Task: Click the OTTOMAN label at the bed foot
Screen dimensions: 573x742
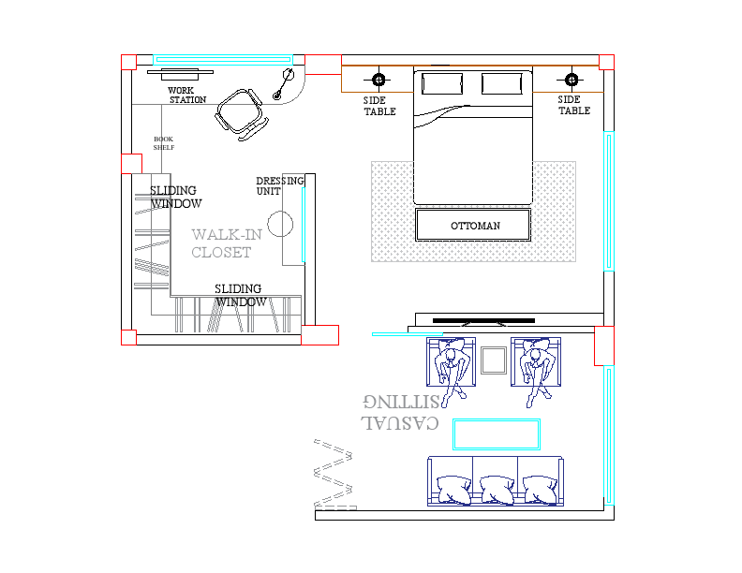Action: [x=475, y=226]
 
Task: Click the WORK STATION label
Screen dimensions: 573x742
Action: [x=186, y=95]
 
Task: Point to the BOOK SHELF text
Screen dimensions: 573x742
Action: [x=164, y=143]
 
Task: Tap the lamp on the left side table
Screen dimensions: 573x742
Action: [x=378, y=79]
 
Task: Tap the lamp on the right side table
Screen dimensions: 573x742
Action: [x=572, y=79]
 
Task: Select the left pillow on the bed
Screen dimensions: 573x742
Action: [x=441, y=84]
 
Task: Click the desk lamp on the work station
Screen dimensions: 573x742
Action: [x=284, y=82]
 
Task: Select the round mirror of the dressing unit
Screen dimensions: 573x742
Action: [x=281, y=224]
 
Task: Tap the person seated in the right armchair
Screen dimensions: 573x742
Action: [x=538, y=367]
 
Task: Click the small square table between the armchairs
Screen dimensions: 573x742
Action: [x=494, y=360]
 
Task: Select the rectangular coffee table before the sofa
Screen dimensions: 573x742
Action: [x=497, y=434]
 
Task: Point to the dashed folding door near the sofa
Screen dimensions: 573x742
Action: [x=334, y=474]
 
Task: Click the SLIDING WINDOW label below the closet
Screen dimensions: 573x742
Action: [x=240, y=296]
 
